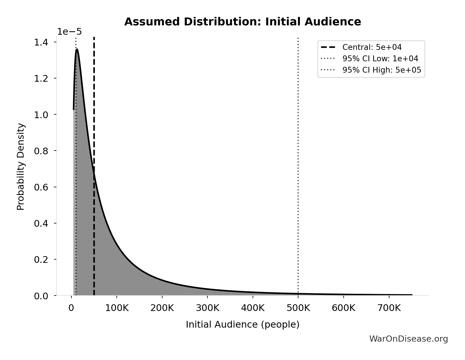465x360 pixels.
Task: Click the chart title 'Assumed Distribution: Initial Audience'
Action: [242, 22]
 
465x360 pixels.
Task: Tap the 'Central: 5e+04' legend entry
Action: [372, 47]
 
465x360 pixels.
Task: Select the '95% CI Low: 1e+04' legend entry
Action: [380, 59]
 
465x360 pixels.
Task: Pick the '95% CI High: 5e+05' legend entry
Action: [382, 70]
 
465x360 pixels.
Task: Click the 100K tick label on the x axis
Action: [117, 308]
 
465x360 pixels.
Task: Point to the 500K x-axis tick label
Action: [298, 308]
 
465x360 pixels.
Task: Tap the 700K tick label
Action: [389, 308]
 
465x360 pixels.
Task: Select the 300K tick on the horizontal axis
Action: [207, 308]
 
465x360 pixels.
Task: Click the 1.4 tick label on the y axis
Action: [41, 43]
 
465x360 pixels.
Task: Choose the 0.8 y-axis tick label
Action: [41, 151]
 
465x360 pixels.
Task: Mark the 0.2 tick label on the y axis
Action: [41, 260]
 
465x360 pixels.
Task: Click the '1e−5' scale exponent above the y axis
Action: [69, 32]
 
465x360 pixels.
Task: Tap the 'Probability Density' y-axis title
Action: [21, 167]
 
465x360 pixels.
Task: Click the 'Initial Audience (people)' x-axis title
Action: [242, 324]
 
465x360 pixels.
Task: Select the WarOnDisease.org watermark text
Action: [408, 339]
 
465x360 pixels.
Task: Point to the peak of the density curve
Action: [77, 50]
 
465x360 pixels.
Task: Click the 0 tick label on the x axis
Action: [71, 308]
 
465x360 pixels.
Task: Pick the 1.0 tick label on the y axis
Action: [41, 115]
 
